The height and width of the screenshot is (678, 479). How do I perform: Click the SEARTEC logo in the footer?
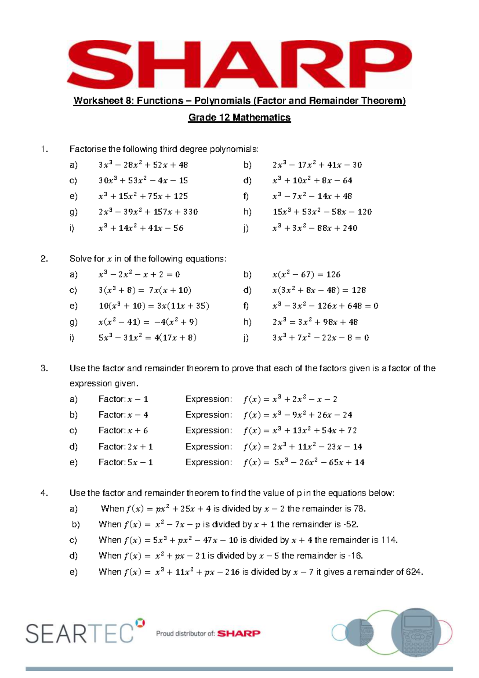coord(80,633)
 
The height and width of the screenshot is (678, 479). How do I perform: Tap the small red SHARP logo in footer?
coord(239,633)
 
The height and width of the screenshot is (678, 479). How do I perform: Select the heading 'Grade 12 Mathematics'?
coord(239,117)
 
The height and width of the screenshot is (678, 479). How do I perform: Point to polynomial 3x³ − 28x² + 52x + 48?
coord(143,165)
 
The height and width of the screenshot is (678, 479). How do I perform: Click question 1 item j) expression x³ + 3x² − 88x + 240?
coord(315,228)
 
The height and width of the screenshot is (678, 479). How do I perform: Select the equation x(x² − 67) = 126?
coord(306,274)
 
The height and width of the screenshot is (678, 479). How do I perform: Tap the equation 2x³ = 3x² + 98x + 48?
coord(315,322)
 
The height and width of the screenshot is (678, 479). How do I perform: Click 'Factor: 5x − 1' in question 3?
coord(125,462)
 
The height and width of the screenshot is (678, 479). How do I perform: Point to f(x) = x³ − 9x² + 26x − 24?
coord(297,415)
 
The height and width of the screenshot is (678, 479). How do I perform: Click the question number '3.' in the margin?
coord(44,368)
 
